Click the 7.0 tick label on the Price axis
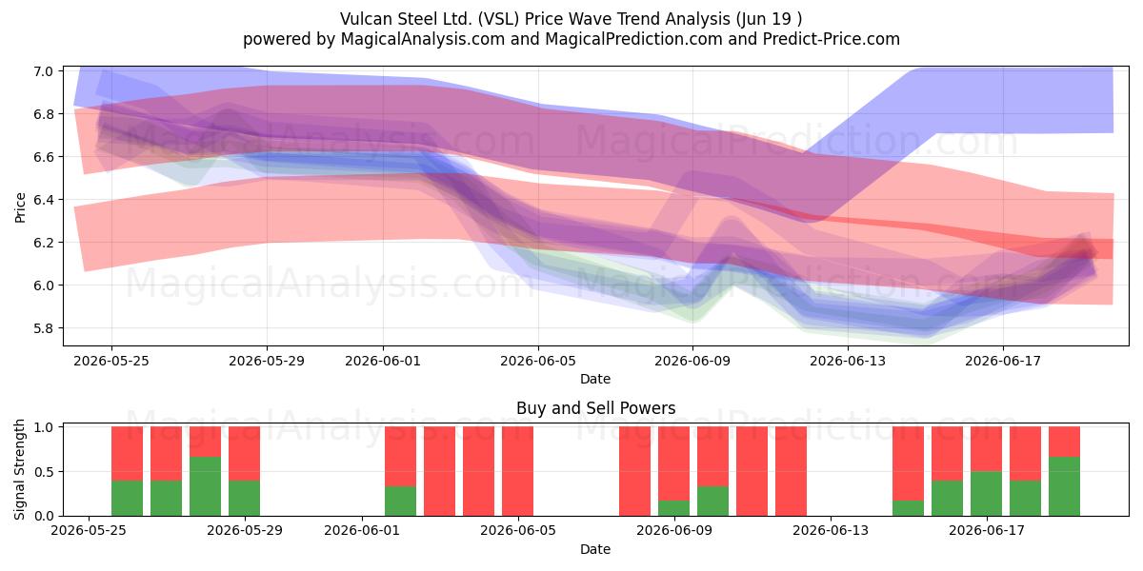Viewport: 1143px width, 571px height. point(44,70)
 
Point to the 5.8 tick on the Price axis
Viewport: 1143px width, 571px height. point(44,327)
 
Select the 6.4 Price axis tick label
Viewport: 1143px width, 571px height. point(44,199)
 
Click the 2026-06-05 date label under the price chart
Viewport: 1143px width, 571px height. point(538,361)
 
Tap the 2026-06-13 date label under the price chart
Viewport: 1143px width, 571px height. point(848,361)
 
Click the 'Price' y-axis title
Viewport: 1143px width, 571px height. point(20,207)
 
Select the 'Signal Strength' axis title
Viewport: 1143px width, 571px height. point(19,469)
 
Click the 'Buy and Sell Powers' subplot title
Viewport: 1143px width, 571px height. point(595,408)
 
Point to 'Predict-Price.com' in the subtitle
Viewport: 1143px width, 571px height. point(832,39)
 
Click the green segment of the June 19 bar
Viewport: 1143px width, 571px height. point(1064,486)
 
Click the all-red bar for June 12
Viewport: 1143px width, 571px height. point(791,471)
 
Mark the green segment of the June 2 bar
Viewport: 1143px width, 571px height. point(400,502)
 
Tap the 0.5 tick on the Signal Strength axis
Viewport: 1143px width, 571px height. point(44,472)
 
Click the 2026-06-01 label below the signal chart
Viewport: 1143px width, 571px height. point(362,530)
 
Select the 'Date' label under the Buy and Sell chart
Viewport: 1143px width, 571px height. point(595,549)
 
